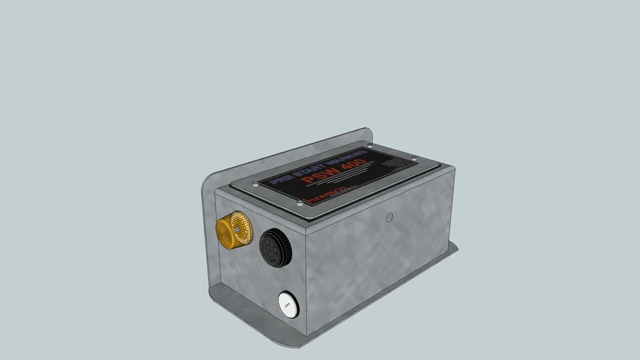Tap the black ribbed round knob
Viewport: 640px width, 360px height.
click(x=274, y=248)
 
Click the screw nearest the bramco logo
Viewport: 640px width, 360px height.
click(x=300, y=203)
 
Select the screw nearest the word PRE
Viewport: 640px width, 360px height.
click(x=255, y=184)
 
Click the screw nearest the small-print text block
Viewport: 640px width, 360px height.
click(x=414, y=158)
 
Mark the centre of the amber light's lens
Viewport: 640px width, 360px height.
click(x=242, y=229)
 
